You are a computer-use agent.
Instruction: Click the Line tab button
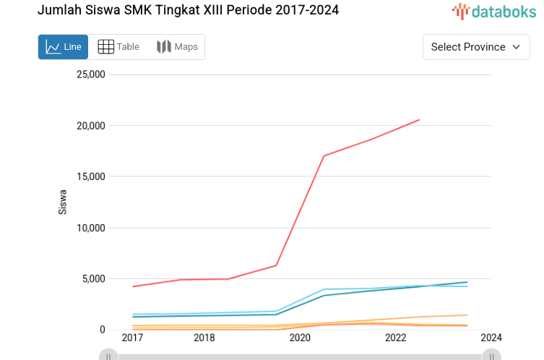pos(63,47)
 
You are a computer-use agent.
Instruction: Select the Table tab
pos(118,47)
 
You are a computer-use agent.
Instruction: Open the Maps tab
pos(177,47)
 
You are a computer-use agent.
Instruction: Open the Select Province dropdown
pos(475,47)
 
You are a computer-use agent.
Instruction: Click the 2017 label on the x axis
pos(132,338)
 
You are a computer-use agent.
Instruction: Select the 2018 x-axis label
pos(204,338)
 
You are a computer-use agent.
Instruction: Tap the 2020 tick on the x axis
pos(300,338)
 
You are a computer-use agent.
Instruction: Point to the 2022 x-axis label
pos(396,338)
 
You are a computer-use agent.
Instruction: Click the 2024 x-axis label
pos(491,338)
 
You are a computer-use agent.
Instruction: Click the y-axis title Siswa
pos(63,202)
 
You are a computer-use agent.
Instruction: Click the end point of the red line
pos(419,120)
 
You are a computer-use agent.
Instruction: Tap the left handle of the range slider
pos(108,355)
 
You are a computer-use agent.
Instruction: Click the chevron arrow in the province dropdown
pos(516,47)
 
